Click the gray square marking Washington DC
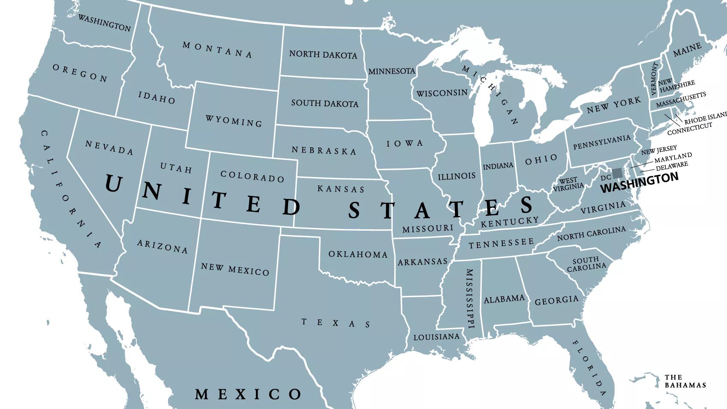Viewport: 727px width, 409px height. tap(617, 173)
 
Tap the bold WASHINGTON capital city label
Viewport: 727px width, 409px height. tap(639, 182)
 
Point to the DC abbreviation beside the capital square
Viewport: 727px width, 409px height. tap(606, 177)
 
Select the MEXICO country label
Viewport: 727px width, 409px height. tap(248, 394)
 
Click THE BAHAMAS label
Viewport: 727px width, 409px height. tap(685, 381)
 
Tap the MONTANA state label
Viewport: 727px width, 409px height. tap(217, 50)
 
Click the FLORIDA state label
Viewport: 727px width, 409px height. tap(589, 367)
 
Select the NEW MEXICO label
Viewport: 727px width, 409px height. tap(235, 269)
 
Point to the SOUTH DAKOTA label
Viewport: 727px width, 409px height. tap(324, 103)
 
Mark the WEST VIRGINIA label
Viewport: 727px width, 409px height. tap(568, 184)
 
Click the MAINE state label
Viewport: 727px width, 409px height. tap(687, 50)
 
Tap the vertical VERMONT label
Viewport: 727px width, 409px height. tap(654, 79)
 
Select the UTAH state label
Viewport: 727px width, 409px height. tap(176, 168)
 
